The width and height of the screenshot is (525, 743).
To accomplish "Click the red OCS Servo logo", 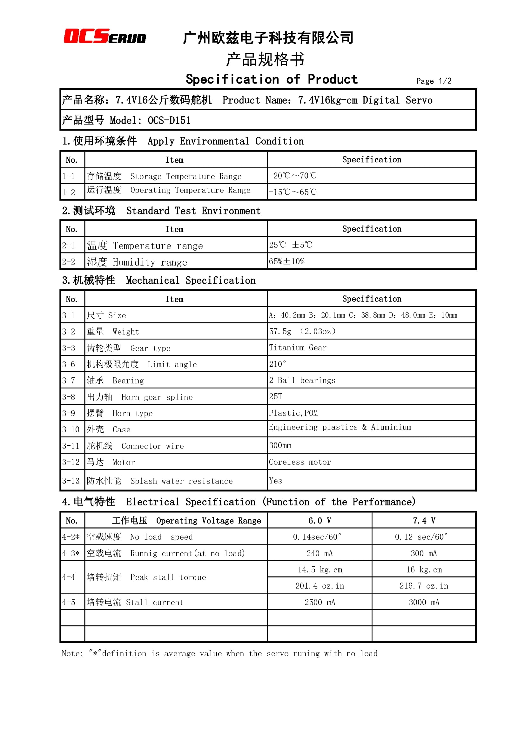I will click(x=104, y=36).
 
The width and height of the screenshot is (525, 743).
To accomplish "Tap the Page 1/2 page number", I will click(x=434, y=81).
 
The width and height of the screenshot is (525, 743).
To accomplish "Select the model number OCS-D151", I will click(x=169, y=120).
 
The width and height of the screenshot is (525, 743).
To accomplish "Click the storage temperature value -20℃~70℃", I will click(x=293, y=176).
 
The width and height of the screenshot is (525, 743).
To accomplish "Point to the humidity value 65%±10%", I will click(x=286, y=261).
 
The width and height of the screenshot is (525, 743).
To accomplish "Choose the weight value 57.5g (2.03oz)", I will click(x=302, y=331).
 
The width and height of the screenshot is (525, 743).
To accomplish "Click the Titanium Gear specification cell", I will click(x=298, y=348).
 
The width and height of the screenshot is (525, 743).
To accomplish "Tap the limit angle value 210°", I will click(x=277, y=364).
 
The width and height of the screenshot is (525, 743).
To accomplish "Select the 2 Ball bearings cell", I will click(x=302, y=380).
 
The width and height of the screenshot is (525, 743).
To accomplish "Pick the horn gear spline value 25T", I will click(x=276, y=397).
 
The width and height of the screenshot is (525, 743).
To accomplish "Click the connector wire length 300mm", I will click(x=280, y=446).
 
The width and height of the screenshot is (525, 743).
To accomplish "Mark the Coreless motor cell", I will click(x=300, y=462).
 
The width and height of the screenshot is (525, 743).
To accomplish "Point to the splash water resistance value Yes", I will click(x=276, y=481).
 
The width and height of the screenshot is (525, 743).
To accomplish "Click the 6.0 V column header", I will click(x=320, y=521).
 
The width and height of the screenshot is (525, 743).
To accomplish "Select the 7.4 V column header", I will click(x=424, y=521).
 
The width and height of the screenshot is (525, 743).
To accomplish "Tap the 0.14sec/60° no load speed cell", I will click(x=317, y=537).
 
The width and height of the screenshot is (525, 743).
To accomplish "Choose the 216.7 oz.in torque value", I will click(x=424, y=586).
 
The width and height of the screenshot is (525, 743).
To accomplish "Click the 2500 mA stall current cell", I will click(x=320, y=603).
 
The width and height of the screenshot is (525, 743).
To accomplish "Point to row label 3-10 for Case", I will click(x=71, y=429).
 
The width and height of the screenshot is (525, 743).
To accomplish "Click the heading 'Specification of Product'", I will click(x=272, y=80).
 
